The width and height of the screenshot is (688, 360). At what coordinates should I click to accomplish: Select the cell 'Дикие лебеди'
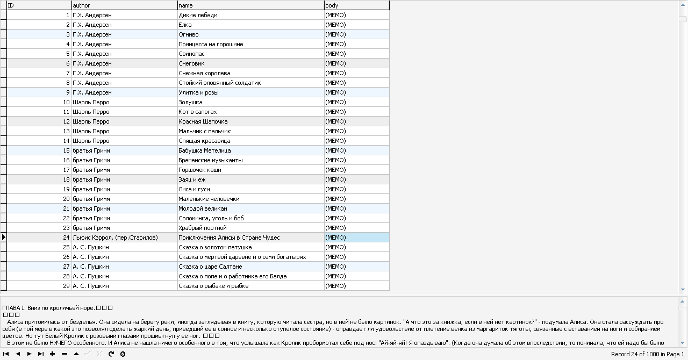tap(198, 15)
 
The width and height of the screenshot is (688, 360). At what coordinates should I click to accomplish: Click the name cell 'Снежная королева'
tap(204, 73)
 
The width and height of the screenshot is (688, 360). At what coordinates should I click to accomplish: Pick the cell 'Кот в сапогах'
tap(197, 112)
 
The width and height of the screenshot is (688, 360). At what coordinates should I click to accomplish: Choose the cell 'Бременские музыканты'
tap(210, 160)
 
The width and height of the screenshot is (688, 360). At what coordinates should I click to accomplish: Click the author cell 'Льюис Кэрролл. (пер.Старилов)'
tap(115, 237)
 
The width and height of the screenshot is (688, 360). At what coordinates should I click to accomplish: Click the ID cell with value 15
tap(67, 150)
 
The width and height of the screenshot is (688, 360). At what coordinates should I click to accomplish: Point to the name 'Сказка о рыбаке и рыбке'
tap(213, 286)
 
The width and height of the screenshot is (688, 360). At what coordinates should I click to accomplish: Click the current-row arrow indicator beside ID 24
tap(4, 237)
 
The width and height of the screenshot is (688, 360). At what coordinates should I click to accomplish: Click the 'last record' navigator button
tap(41, 354)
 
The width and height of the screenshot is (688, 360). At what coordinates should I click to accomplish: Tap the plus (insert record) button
tap(53, 354)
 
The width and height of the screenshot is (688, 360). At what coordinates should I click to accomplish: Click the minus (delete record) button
tap(64, 354)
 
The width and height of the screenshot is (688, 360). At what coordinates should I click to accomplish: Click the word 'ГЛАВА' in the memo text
tap(11, 308)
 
